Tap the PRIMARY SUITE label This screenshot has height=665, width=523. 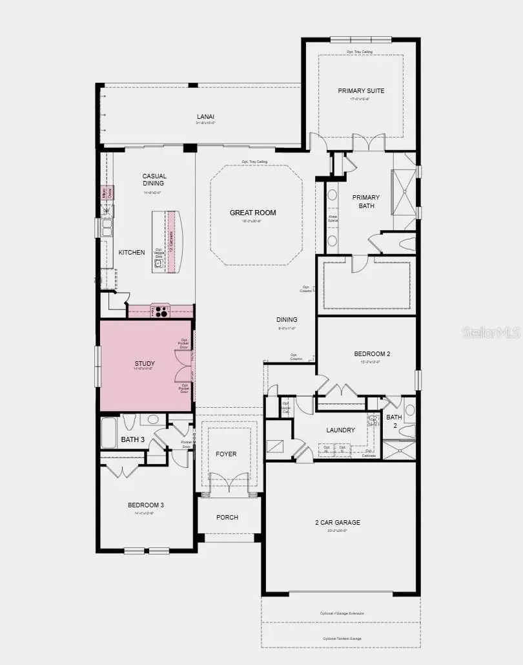(x=361, y=90)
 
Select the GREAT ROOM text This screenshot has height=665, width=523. (x=253, y=213)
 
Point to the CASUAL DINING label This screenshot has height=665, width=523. (x=154, y=180)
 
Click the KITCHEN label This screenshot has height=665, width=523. (x=132, y=252)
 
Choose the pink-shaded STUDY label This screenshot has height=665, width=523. (x=145, y=364)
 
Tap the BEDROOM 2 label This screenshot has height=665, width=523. (x=372, y=354)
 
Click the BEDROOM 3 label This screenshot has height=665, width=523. (x=145, y=505)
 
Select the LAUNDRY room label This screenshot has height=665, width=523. (x=340, y=430)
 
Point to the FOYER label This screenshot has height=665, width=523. (x=226, y=454)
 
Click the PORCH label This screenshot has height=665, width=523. (x=227, y=517)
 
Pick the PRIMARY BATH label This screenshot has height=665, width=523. (x=365, y=202)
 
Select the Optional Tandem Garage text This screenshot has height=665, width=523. (x=342, y=639)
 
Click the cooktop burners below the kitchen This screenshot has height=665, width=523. (x=160, y=311)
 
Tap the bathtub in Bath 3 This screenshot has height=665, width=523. (x=110, y=433)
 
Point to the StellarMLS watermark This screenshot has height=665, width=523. (x=494, y=333)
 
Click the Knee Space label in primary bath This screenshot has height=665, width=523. (x=333, y=218)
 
